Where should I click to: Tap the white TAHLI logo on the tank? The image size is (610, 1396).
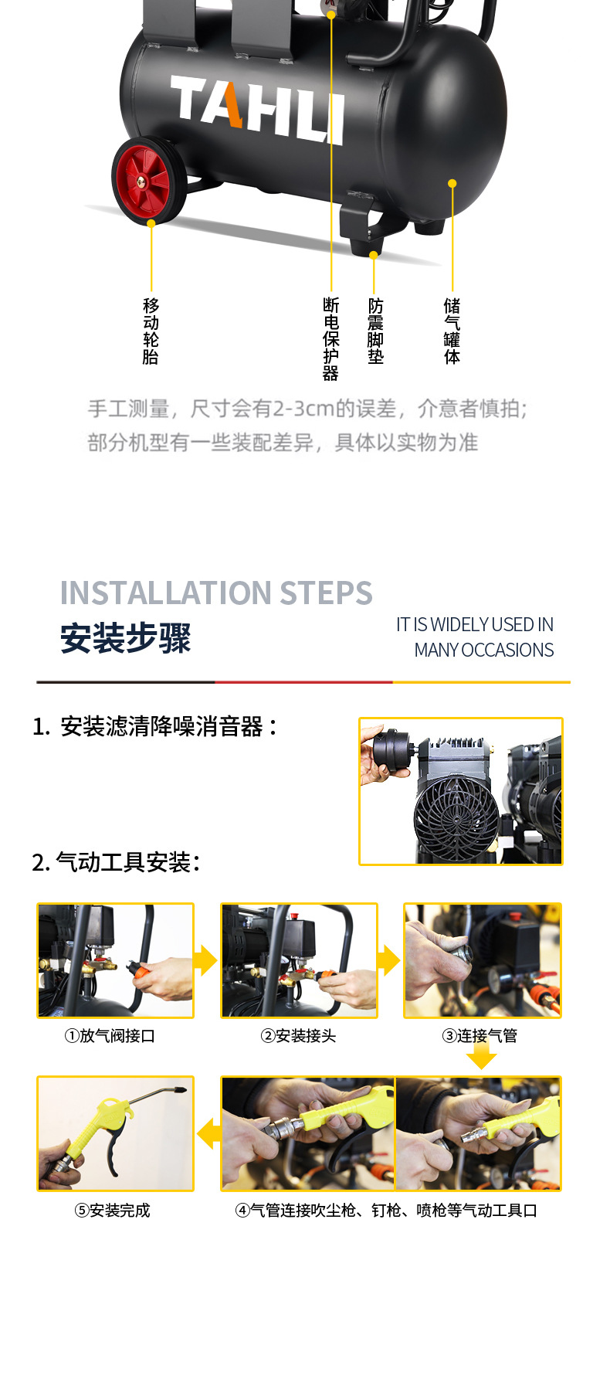tap(257, 110)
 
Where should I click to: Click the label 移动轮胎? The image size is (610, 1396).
tap(151, 331)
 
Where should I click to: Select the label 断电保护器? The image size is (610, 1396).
tap(331, 339)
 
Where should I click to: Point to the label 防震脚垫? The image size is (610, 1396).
tap(375, 331)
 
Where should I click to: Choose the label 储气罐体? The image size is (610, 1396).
tap(452, 331)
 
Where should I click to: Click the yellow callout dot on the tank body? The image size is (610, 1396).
tap(452, 183)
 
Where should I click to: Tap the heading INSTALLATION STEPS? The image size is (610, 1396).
tap(216, 593)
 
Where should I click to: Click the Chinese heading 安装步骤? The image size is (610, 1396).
tap(126, 639)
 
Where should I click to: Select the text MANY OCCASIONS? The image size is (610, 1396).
tap(483, 650)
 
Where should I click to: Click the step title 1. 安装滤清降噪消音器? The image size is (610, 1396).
tap(154, 727)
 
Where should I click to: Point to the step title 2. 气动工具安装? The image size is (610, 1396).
tap(117, 862)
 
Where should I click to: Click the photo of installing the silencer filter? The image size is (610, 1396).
tap(461, 791)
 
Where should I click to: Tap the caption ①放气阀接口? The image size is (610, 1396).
tap(110, 1036)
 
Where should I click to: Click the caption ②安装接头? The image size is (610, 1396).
tap(298, 1036)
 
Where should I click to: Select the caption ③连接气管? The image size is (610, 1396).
tap(480, 1036)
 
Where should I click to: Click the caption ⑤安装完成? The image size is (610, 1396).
tap(112, 1211)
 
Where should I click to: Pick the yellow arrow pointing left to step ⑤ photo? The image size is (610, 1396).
tap(208, 1134)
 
